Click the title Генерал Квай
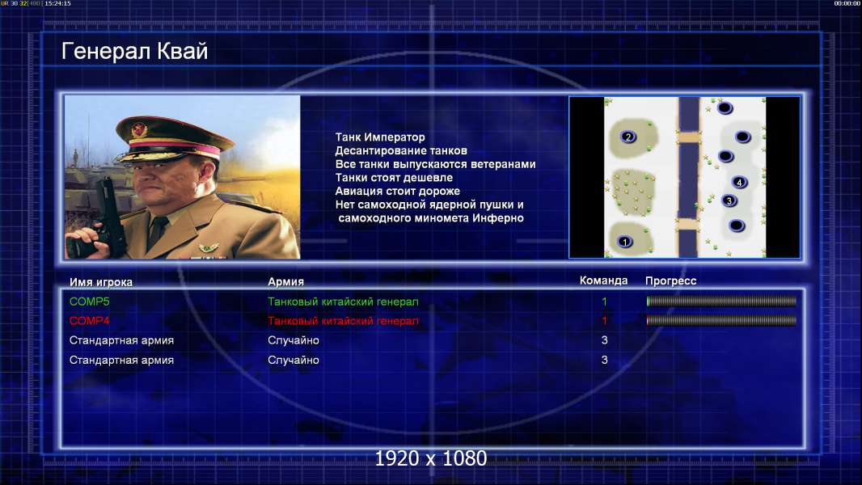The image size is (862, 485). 135,51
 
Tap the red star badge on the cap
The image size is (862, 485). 139,129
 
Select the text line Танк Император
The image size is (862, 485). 380,137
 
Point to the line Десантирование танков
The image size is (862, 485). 401,150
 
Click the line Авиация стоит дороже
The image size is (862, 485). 398,191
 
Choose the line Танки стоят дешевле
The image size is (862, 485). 394,177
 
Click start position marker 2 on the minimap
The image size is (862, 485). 627,137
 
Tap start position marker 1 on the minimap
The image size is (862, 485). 624,242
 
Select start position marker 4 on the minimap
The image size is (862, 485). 739,183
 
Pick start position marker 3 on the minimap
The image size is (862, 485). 729,200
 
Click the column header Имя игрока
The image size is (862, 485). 100,282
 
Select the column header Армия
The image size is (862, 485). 286,282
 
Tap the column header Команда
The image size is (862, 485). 603,280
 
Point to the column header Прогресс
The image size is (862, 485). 670,281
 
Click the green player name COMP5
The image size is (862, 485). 89,302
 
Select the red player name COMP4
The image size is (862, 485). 89,321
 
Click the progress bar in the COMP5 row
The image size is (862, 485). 721,301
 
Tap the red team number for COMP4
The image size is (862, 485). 604,321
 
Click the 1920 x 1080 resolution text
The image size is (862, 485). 430,458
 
